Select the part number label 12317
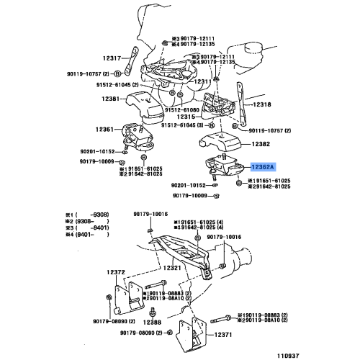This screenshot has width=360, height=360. [113, 58]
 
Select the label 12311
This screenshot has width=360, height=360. [204, 81]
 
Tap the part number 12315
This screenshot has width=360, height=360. [186, 117]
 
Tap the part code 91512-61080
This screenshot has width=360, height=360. [181, 110]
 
